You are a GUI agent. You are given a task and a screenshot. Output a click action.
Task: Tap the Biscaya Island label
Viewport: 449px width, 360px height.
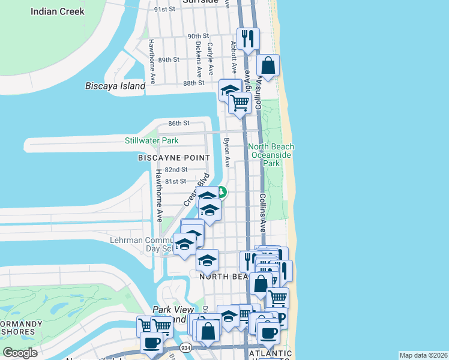115,86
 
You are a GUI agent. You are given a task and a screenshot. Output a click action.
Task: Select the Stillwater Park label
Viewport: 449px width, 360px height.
151,141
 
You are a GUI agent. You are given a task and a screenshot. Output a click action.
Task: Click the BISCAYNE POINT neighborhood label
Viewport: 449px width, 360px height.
174,158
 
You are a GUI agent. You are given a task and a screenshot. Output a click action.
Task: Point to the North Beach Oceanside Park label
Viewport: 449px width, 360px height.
273,155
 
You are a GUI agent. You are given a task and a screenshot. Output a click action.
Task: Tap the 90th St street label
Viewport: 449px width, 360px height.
197,37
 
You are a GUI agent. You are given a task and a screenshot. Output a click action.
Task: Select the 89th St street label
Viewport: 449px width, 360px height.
169,59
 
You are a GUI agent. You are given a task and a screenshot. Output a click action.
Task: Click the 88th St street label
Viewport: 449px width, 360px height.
194,83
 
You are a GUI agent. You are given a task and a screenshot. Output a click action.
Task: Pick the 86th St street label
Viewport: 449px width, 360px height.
178,123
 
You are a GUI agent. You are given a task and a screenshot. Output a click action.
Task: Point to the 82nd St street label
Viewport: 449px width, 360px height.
176,170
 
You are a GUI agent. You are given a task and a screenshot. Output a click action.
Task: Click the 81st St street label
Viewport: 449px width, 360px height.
175,181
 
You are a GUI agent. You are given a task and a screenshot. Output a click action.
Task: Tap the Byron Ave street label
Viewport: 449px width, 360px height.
227,153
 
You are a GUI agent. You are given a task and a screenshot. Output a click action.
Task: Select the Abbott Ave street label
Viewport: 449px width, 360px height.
234,55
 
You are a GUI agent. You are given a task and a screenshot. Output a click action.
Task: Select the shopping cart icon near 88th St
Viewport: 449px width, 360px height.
240,103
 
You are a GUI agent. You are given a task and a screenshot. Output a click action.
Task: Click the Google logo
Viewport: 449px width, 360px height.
20,353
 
